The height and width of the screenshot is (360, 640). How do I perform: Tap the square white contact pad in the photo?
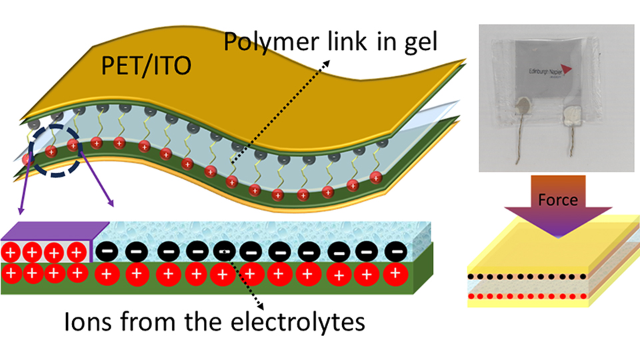click(x=573, y=118)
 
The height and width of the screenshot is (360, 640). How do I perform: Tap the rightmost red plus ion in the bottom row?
click(x=396, y=273)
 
